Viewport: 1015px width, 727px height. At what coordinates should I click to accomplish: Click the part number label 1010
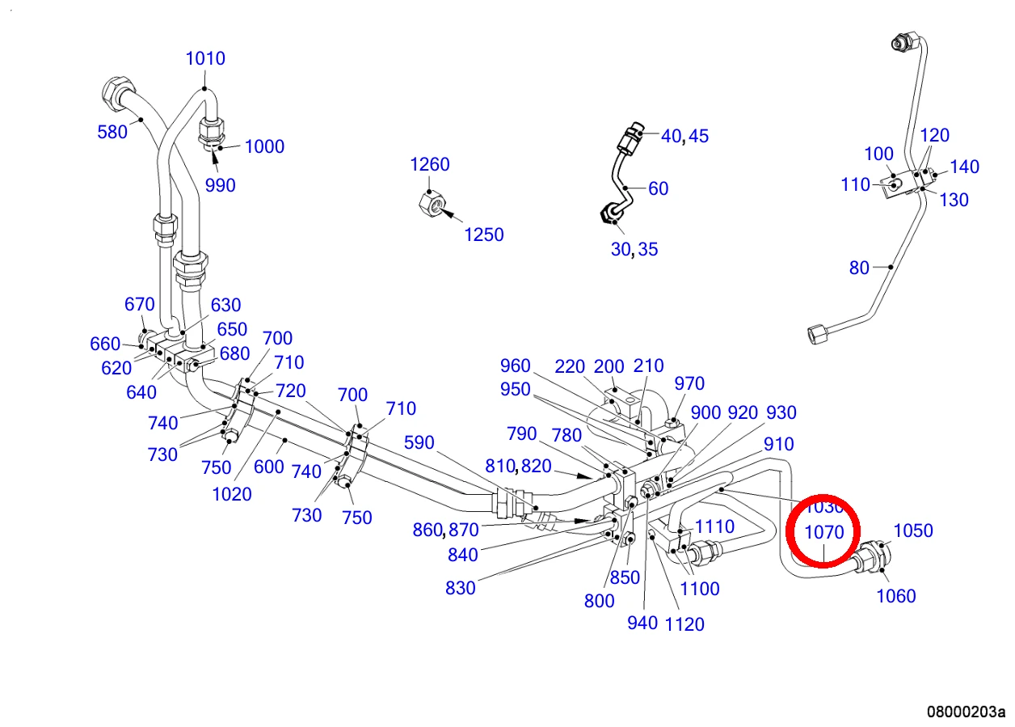click(205, 58)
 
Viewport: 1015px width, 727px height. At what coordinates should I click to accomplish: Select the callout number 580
click(112, 132)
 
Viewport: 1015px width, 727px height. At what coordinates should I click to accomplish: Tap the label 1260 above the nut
click(430, 164)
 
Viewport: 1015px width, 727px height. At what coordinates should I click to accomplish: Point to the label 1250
click(484, 235)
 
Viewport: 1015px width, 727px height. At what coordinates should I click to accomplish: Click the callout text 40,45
click(684, 136)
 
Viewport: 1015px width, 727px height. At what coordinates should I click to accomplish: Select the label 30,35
click(634, 249)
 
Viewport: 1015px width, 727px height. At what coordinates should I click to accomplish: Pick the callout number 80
click(859, 268)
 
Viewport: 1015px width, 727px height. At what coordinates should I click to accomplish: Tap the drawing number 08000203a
click(966, 712)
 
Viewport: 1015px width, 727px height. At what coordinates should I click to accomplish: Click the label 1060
click(896, 596)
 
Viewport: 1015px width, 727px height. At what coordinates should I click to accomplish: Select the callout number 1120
click(684, 624)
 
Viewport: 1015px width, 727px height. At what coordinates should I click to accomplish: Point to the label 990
click(221, 185)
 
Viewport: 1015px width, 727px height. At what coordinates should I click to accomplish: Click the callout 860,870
click(445, 530)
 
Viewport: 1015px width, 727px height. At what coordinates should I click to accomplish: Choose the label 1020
click(232, 494)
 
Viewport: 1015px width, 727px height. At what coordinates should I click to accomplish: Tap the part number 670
click(140, 304)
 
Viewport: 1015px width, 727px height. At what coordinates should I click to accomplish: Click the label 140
click(964, 167)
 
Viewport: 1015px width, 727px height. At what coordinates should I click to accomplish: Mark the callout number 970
click(689, 383)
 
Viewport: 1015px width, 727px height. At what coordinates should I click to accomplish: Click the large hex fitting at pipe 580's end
click(117, 93)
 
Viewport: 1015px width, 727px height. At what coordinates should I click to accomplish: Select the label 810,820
click(518, 467)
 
